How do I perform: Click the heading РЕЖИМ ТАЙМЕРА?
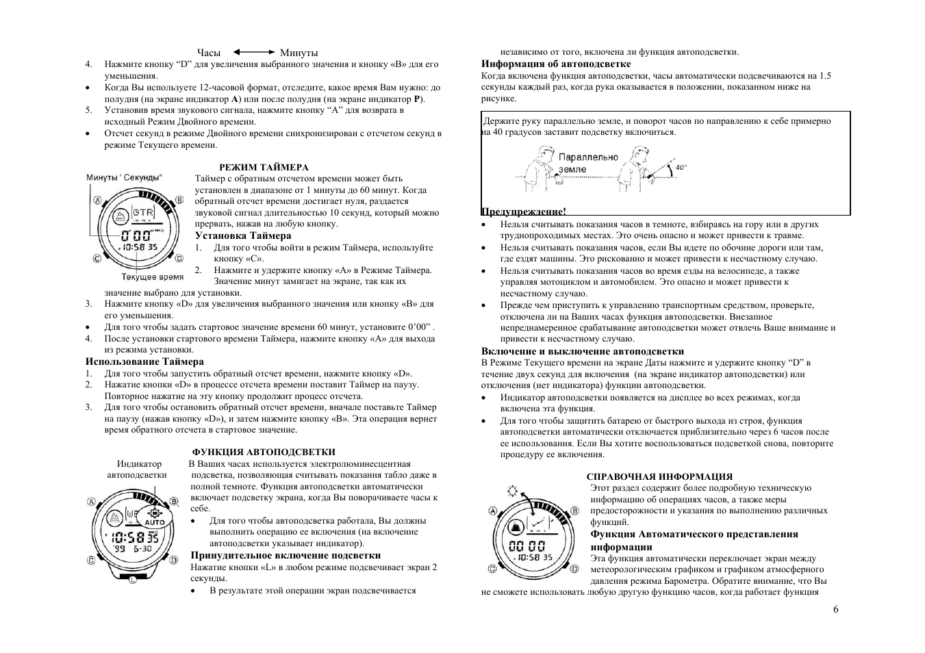point(264,167)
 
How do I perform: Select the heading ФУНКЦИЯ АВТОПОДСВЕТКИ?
point(264,452)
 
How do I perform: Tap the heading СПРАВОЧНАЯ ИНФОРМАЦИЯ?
point(659,476)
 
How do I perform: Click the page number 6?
point(836,609)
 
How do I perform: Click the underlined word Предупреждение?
point(524,212)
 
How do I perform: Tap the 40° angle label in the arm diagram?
point(681,167)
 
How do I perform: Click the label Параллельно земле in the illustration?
point(587,163)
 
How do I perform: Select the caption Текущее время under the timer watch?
point(153,277)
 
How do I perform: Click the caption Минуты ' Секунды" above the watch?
point(125,178)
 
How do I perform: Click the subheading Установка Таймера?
point(243,235)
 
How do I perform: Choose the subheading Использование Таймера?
point(144,361)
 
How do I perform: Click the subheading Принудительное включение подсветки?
point(286,555)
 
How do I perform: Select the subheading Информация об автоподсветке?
point(546,64)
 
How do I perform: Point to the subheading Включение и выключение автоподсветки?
point(583,351)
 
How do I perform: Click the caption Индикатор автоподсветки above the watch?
point(138,469)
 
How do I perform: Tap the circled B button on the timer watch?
point(180,200)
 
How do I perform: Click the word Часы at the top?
point(209,53)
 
